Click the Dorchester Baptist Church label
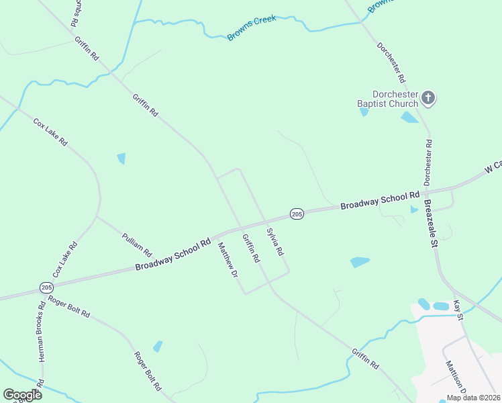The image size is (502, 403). (387, 99)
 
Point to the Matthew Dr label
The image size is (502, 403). (228, 261)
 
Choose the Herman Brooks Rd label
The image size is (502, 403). (41, 332)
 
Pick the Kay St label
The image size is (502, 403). (459, 310)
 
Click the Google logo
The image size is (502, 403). (22, 395)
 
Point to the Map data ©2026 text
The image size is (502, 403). (472, 398)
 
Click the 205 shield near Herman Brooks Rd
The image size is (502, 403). (46, 287)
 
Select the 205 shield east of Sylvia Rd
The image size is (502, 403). (297, 214)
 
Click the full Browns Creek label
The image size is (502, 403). (252, 28)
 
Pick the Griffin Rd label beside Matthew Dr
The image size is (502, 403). (251, 248)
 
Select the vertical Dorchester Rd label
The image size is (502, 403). (428, 162)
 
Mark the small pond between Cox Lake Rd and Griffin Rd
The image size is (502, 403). (121, 159)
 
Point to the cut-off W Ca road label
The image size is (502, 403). (493, 167)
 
